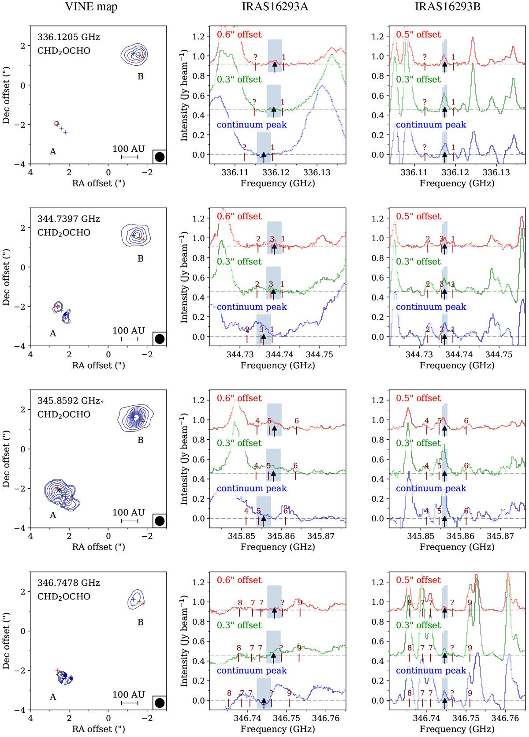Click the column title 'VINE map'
tap(91, 7)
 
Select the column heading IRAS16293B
tap(447, 7)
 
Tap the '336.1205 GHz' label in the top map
tap(68, 37)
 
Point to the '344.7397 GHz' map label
tap(68, 219)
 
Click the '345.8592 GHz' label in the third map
tap(68, 400)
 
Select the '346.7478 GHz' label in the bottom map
tap(68, 583)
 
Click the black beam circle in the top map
tap(160, 157)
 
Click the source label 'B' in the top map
tap(141, 77)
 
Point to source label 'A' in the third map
tap(53, 515)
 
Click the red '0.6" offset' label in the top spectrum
tap(239, 34)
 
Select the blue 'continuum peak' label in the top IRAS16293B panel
tap(431, 125)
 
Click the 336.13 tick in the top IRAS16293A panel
tap(317, 172)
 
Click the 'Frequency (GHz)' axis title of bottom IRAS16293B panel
tap(457, 729)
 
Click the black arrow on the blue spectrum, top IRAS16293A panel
tap(264, 156)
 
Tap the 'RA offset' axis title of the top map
tap(98, 183)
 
